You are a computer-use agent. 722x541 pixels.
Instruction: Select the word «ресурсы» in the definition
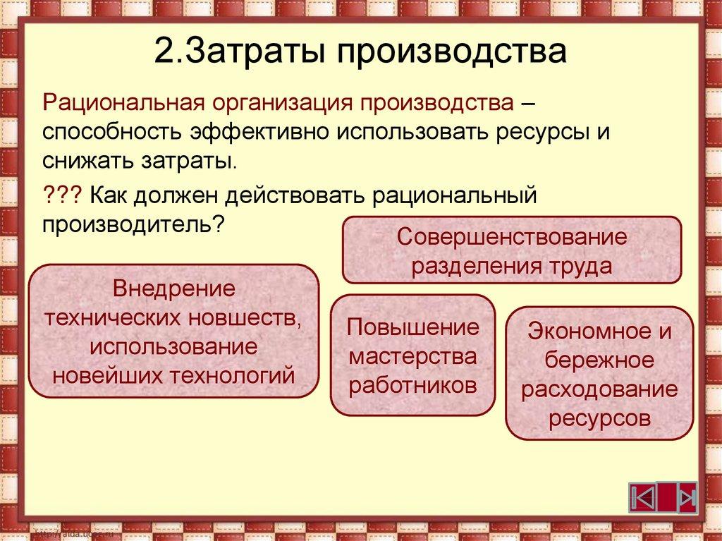[x=537, y=133]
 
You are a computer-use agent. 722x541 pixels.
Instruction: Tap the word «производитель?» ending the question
[x=133, y=225]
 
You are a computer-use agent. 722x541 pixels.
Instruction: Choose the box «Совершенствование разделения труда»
[x=511, y=250]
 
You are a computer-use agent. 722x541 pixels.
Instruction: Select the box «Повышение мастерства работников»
[x=412, y=355]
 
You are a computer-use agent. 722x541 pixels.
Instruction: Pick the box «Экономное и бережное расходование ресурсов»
[x=599, y=373]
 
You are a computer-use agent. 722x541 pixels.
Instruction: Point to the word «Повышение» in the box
[x=412, y=328]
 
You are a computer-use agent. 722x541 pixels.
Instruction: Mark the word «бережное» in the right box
[x=599, y=360]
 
